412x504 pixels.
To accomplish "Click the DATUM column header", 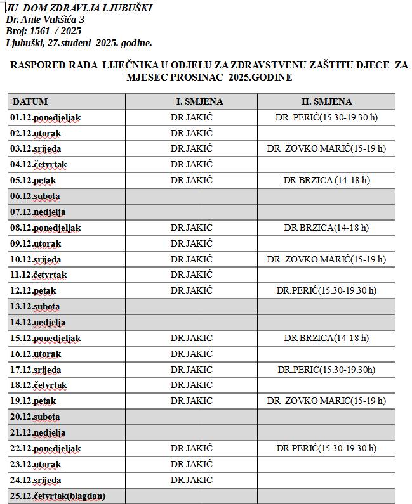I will tap(30, 101).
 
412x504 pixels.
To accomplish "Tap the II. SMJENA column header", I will tap(326, 101).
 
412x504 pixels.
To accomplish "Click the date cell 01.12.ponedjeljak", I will tap(46, 117).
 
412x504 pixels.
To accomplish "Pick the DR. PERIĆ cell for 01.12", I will tap(326, 117).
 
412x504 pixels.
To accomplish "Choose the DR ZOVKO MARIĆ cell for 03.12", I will tap(326, 149).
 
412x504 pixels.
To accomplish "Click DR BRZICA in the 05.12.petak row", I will tap(326, 180).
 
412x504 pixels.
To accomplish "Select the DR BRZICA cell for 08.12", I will tap(326, 228).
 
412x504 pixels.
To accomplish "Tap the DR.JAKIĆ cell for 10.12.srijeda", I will tap(191, 259).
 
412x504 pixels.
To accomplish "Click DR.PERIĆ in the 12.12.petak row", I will tap(326, 290).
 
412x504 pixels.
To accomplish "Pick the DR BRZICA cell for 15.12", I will tap(326, 338).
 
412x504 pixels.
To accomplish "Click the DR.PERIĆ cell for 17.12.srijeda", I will tap(326, 370).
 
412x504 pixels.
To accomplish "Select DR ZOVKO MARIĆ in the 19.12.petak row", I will tap(326, 401).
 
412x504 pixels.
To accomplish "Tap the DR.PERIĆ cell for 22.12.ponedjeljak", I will tap(326, 448).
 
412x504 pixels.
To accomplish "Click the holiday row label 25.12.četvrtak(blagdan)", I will tap(58, 496).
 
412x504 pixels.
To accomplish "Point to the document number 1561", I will tap(41, 30).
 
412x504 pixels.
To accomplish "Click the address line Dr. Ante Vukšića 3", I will tap(44, 20).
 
